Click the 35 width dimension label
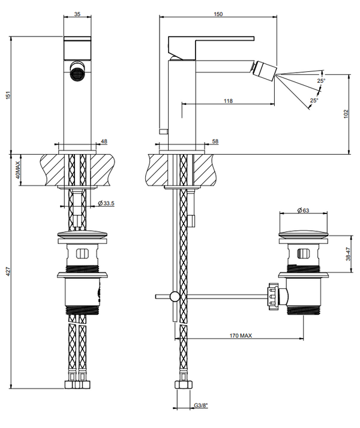point(77,14)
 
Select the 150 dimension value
point(218,14)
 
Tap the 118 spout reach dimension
point(228,101)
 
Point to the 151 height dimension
point(8,95)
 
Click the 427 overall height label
point(8,271)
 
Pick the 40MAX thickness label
point(17,170)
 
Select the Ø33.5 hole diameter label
point(106,203)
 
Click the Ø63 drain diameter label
point(303,210)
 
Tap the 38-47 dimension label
point(348,254)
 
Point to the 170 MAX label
point(241,336)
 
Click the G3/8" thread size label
point(201,405)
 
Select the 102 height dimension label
point(346,114)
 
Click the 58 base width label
point(215,141)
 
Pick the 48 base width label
point(104,141)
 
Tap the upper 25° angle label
point(321,81)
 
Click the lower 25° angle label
point(314,101)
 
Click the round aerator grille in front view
point(77,73)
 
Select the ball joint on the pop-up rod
point(175,297)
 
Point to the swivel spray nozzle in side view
point(265,71)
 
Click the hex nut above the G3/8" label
point(183,385)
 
